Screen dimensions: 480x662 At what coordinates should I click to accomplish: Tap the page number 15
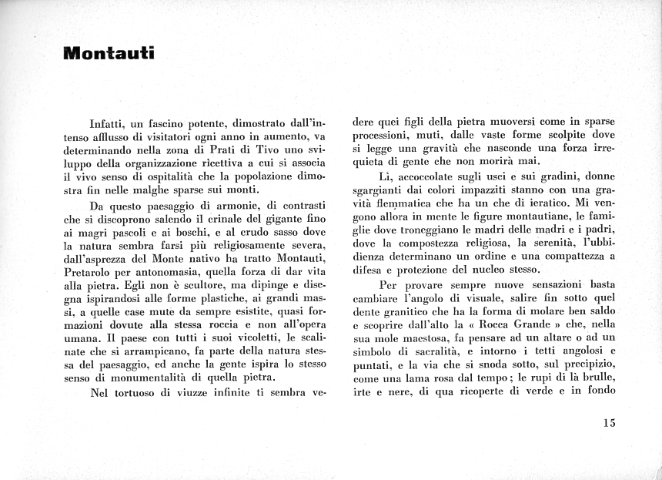click(x=610, y=422)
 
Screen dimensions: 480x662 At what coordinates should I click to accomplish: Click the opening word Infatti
click(x=108, y=122)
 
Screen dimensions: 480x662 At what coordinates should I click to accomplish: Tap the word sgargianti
click(x=379, y=189)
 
